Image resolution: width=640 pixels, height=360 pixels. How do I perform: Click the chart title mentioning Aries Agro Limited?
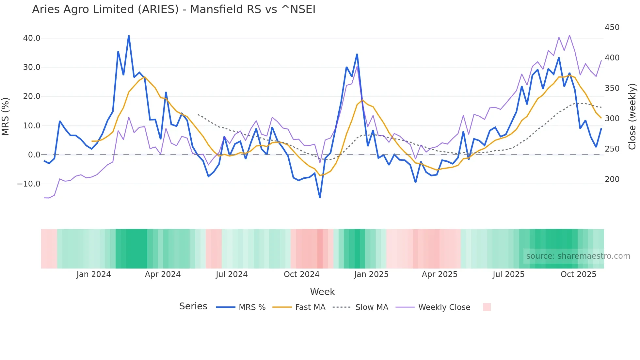[x=174, y=9]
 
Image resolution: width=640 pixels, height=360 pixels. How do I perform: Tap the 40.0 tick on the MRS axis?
[x=32, y=38]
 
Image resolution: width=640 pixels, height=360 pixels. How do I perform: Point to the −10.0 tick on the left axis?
[x=29, y=184]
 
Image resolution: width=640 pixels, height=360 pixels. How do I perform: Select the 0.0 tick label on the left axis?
[x=34, y=155]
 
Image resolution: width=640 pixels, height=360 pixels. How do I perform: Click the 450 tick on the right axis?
[x=612, y=27]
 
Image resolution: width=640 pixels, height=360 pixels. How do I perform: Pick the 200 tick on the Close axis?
[x=612, y=179]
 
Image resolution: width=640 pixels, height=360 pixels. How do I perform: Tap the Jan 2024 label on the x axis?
[x=94, y=274]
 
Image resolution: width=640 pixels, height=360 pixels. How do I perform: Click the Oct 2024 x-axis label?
[x=301, y=274]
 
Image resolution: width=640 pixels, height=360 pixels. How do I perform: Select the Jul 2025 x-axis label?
[x=508, y=274]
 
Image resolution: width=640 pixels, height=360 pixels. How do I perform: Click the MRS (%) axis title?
[x=6, y=116]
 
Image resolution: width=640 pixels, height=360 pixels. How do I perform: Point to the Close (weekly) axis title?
[x=632, y=116]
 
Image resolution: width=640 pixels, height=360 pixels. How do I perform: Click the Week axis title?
[x=322, y=292]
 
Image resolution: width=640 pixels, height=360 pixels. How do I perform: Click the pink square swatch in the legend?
[x=487, y=307]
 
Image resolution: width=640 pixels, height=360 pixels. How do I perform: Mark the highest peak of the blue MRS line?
[x=129, y=36]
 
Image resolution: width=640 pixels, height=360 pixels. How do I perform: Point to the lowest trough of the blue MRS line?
[x=320, y=197]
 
